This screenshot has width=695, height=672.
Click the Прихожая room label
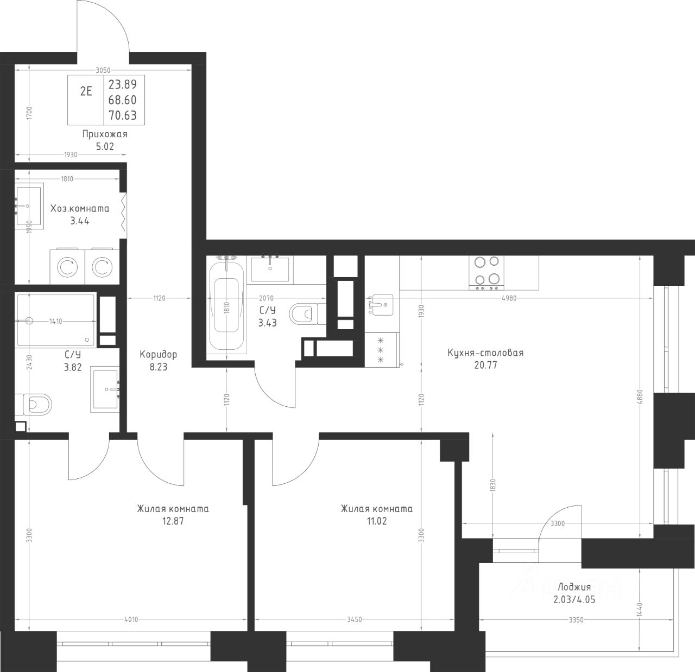point(105,134)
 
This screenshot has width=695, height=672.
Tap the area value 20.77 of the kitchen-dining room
point(485,365)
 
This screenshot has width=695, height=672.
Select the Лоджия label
point(574,587)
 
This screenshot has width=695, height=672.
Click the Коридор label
point(158,355)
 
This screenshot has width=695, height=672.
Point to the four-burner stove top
point(486,272)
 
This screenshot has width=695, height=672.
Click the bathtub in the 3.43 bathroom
point(226,305)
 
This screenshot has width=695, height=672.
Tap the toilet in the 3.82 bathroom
point(34,405)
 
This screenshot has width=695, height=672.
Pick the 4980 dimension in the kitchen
point(509,298)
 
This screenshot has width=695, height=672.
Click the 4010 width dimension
point(131,619)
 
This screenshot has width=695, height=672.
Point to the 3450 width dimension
point(354,619)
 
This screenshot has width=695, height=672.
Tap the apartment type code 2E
point(86,91)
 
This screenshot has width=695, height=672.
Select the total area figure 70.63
point(123,115)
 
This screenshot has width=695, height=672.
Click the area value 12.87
point(173,521)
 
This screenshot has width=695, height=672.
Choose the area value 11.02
point(377,521)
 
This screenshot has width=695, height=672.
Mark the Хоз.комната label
point(80,208)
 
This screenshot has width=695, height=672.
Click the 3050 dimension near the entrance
point(103,71)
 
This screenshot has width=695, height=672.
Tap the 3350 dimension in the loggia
point(576,620)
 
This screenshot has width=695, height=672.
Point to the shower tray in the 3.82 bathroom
point(56,319)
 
